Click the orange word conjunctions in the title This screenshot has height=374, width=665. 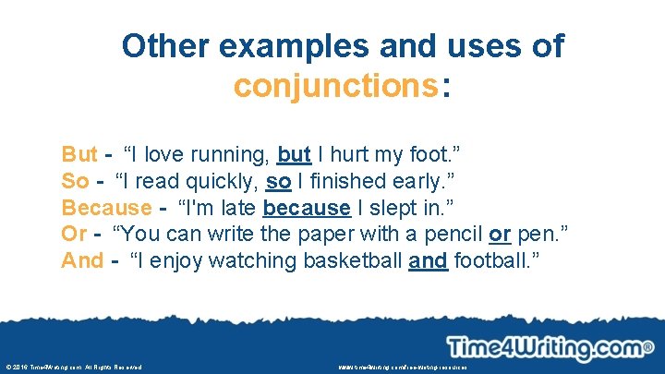pyautogui.click(x=335, y=87)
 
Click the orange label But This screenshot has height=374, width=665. pyautogui.click(x=79, y=153)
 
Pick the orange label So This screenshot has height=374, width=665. pyautogui.click(x=75, y=180)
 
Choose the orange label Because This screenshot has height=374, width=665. pyautogui.click(x=105, y=207)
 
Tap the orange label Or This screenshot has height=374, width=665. pyautogui.click(x=74, y=234)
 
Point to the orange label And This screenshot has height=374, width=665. pyautogui.click(x=82, y=260)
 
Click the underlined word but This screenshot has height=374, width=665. pyautogui.click(x=294, y=153)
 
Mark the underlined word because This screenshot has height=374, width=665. pyautogui.click(x=307, y=207)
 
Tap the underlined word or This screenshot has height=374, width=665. pyautogui.click(x=499, y=234)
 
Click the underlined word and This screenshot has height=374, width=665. pyautogui.click(x=428, y=260)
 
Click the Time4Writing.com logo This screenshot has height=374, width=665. pyautogui.click(x=550, y=348)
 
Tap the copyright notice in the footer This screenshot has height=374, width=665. pyautogui.click(x=74, y=367)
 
